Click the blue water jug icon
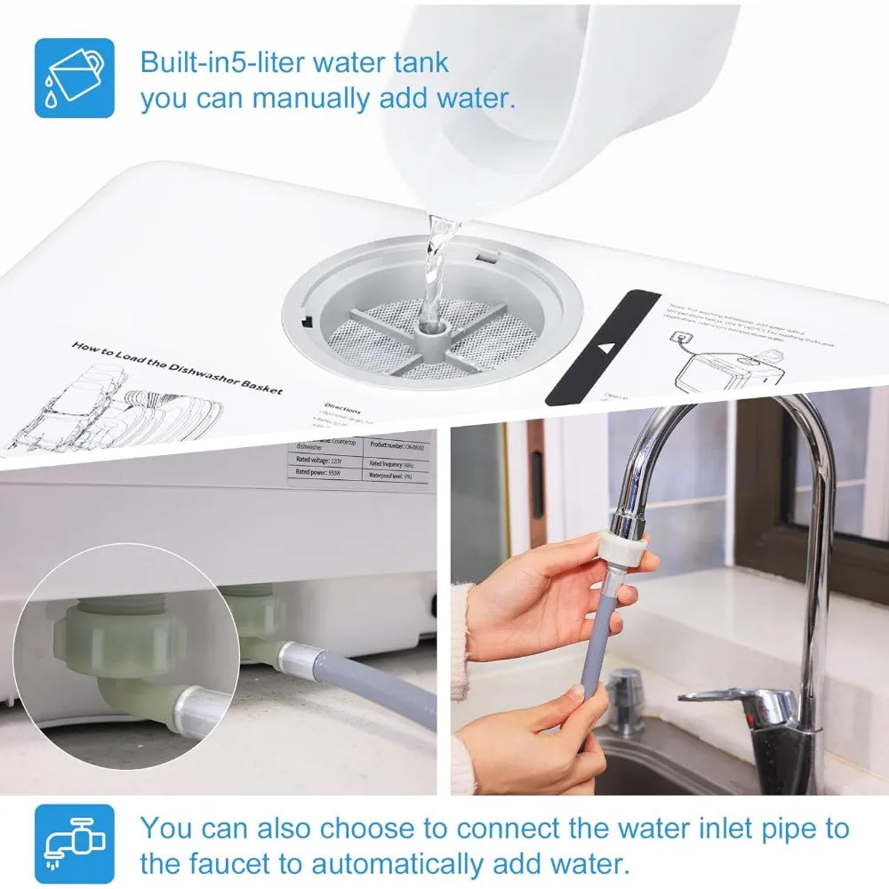click(75, 77)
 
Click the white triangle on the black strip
click(608, 348)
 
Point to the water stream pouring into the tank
click(436, 267)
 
